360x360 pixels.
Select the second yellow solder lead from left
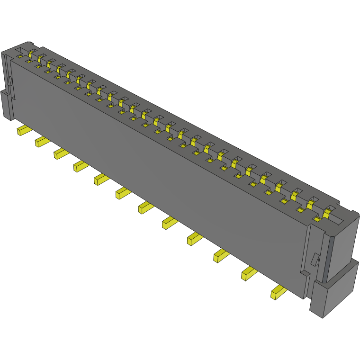pyautogui.click(x=41, y=141)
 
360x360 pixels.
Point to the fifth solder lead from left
pyautogui.click(x=100, y=179)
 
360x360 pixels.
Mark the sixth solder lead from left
pyautogui.click(x=122, y=193)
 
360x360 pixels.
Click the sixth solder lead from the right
pyautogui.click(x=145, y=207)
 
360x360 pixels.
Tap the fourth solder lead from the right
pyautogui.click(x=194, y=238)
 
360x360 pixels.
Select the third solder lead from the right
pyautogui.click(x=220, y=255)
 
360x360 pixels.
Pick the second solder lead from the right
pyautogui.click(x=248, y=273)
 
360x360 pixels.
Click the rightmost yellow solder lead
pyautogui.click(x=277, y=292)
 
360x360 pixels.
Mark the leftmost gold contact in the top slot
pyautogui.click(x=31, y=53)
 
